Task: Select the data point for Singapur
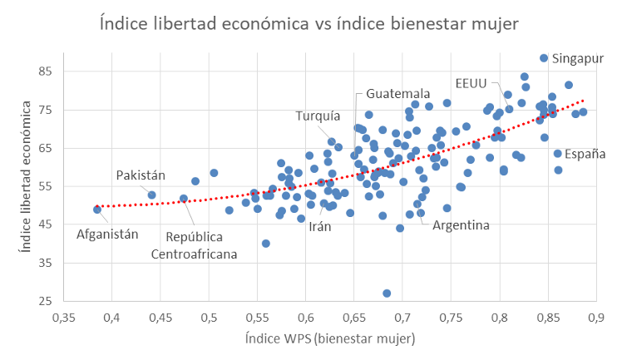pyautogui.click(x=544, y=58)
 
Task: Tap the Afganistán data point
pyautogui.click(x=97, y=210)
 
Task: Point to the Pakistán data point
pyautogui.click(x=152, y=195)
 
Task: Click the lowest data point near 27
pyautogui.click(x=387, y=293)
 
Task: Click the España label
pyautogui.click(x=585, y=154)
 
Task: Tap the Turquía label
pyautogui.click(x=318, y=116)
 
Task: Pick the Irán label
pyautogui.click(x=319, y=226)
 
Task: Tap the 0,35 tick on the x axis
pyautogui.click(x=63, y=318)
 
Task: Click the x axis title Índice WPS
pyautogui.click(x=330, y=339)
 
